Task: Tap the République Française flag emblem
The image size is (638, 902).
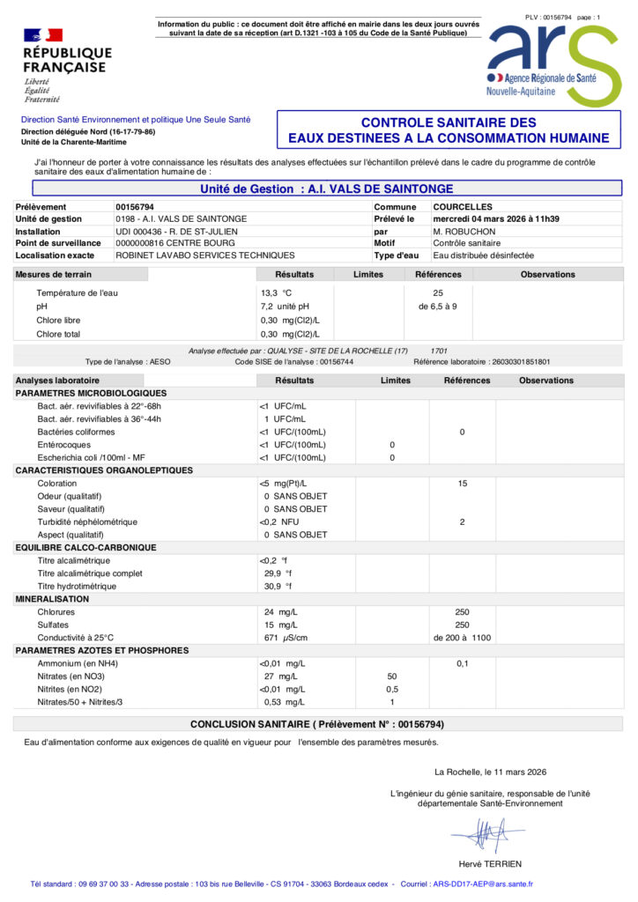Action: pyautogui.click(x=43, y=35)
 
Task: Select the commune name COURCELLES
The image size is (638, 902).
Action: pyautogui.click(x=463, y=206)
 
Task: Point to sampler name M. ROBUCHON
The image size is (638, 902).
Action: pyautogui.click(x=464, y=231)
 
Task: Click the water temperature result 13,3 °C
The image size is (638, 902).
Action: pyautogui.click(x=276, y=292)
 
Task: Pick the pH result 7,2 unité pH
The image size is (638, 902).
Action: pyautogui.click(x=285, y=306)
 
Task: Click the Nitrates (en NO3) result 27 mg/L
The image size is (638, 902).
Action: pyautogui.click(x=284, y=676)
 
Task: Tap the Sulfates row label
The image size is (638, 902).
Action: pyautogui.click(x=52, y=624)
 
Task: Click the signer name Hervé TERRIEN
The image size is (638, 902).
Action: pyautogui.click(x=490, y=864)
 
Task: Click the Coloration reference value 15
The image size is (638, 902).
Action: pyautogui.click(x=462, y=484)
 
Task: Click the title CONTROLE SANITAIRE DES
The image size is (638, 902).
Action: pyautogui.click(x=449, y=123)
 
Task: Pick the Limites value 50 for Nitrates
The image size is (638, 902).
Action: pyautogui.click(x=392, y=676)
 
